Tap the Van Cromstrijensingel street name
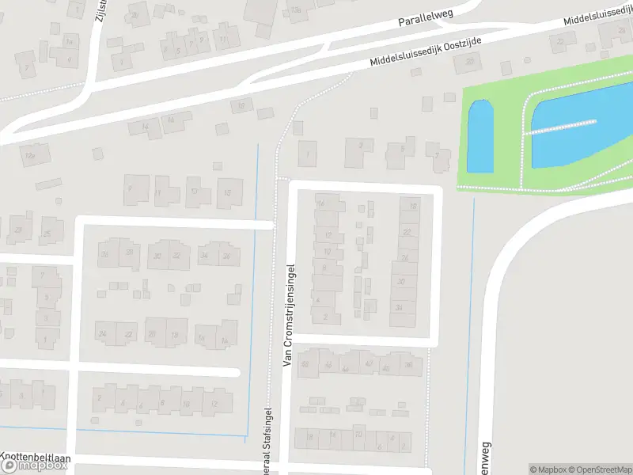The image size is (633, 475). pos(289,315)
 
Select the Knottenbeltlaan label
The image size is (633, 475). pos(36,457)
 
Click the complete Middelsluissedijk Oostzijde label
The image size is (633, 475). pos(426,51)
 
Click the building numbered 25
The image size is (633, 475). pos(50,231)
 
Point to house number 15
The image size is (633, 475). pos(229,192)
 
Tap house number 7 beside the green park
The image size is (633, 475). pos(436,154)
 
